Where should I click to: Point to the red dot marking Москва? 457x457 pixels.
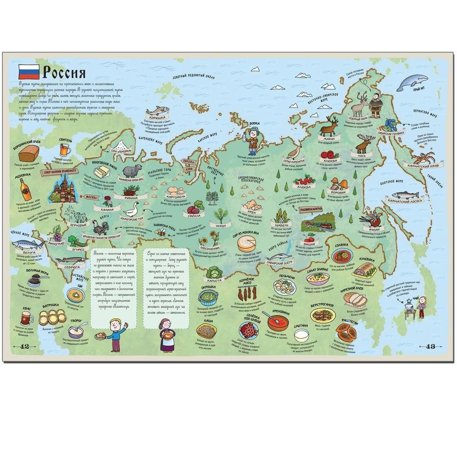81,197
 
